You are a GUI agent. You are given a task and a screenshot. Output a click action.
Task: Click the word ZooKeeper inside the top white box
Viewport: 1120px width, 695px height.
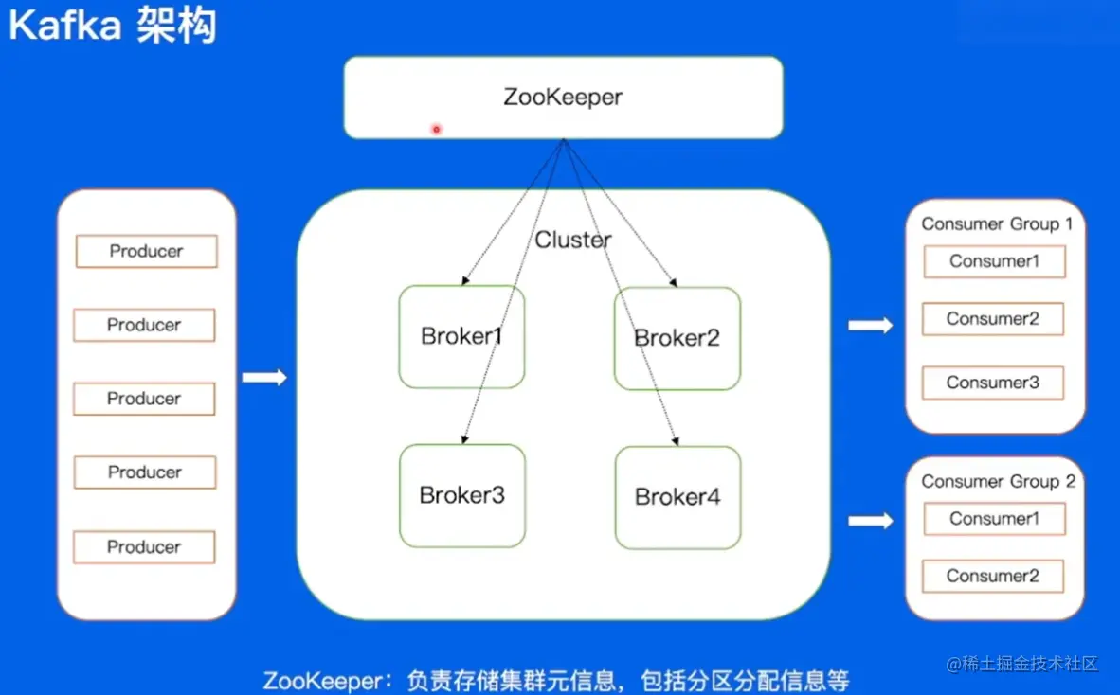point(563,98)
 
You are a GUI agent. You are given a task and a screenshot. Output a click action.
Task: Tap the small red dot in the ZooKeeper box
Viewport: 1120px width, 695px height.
point(436,129)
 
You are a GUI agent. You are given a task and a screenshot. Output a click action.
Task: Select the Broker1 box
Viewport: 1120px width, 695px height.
point(461,337)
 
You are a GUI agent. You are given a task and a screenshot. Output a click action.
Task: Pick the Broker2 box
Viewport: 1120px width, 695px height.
point(677,338)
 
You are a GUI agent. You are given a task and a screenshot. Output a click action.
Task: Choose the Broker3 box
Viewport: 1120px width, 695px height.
point(461,495)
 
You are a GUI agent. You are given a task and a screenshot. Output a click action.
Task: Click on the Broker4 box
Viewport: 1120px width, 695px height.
point(677,497)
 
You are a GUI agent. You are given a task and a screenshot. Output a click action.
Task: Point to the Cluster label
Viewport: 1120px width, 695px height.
point(572,241)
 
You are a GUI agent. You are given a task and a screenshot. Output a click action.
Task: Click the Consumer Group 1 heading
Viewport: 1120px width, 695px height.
point(997,224)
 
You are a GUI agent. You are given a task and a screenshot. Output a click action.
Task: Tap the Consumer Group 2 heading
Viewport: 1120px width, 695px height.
point(998,482)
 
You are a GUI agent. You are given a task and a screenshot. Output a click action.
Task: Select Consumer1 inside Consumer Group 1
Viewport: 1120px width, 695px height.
point(994,261)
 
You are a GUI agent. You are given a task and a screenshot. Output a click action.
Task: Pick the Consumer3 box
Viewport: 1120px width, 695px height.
point(993,383)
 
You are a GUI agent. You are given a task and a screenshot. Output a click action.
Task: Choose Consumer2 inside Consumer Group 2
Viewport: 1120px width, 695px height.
point(993,576)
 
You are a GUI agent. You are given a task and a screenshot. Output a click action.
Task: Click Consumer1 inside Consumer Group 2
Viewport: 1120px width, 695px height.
point(994,519)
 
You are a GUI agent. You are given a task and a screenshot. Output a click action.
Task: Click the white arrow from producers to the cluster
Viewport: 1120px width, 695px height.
point(264,378)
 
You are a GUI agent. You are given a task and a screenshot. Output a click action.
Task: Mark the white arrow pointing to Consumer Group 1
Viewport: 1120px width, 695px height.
point(870,326)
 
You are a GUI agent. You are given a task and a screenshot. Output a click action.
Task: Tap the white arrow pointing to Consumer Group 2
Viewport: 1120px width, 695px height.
point(870,521)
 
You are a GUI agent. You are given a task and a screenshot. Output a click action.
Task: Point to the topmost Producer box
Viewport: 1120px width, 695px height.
point(146,252)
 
